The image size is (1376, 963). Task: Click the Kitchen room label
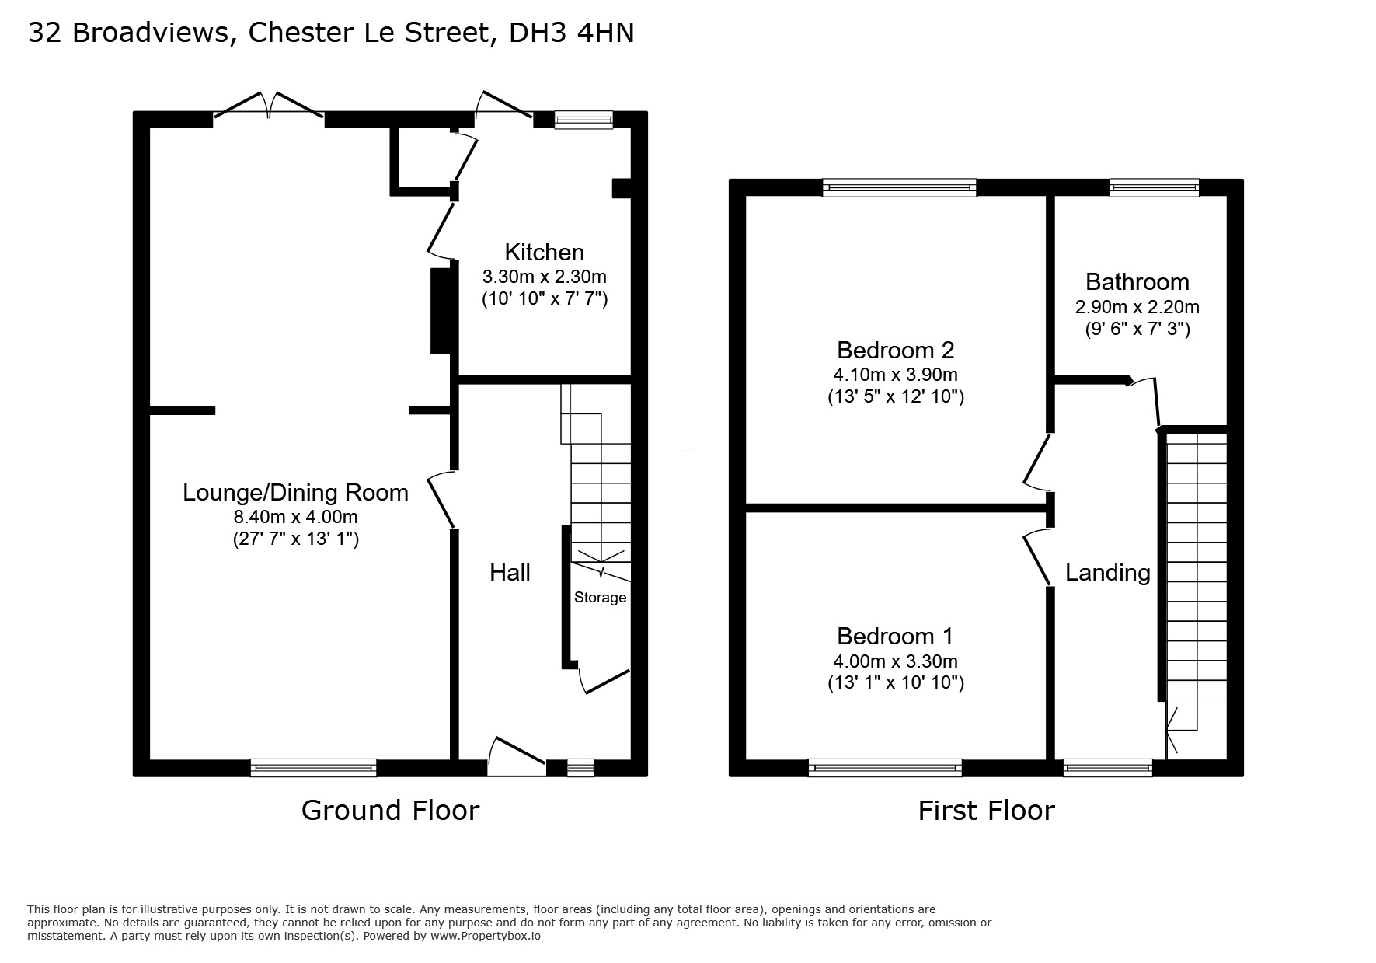pos(544,253)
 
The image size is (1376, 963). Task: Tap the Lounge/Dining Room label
pos(295,493)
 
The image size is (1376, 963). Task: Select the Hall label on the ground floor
pos(510,573)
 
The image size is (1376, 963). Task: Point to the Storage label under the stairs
pos(600,597)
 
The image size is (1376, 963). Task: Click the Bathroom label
pos(1137,281)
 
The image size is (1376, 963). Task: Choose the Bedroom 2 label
pos(895,350)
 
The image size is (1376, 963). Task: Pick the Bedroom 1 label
pos(895,636)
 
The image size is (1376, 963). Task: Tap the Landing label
pos(1107,573)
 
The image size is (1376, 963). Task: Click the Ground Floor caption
pos(390,810)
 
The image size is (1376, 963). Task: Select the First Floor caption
pos(986,810)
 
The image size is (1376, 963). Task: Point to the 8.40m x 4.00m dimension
pos(296,517)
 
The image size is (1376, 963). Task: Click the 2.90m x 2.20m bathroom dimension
pos(1137,306)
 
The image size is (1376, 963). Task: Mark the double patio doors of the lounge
pos(269,106)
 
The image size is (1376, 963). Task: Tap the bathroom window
pos(1154,187)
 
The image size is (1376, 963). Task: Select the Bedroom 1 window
pos(885,768)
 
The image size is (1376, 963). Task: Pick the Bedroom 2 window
pos(899,187)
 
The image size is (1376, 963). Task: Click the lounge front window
pos(313,768)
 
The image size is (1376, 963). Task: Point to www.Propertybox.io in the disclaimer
pos(486,936)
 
